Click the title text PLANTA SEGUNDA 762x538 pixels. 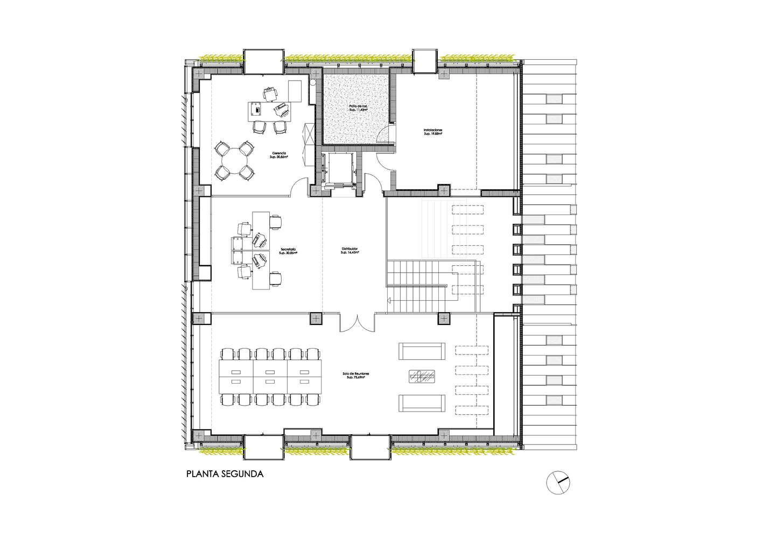[225, 474]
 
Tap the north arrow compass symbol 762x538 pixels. [558, 482]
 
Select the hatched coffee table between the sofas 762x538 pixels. [422, 377]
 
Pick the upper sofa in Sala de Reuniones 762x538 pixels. [422, 351]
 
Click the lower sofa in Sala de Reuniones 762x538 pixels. [422, 403]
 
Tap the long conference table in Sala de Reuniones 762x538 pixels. [270, 376]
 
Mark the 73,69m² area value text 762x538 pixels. [356, 378]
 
